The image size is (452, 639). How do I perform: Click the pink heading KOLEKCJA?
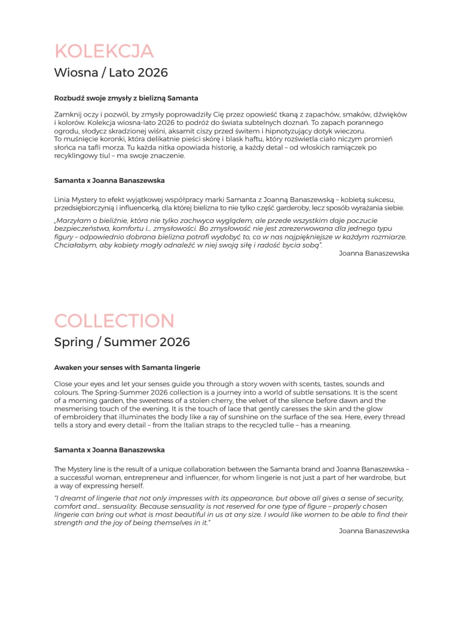click(x=103, y=51)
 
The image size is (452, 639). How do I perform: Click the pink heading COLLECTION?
click(x=114, y=321)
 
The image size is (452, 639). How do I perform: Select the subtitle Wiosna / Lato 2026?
click(x=111, y=73)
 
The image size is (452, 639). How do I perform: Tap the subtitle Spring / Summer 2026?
click(x=122, y=342)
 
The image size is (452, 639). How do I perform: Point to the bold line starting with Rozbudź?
click(x=126, y=98)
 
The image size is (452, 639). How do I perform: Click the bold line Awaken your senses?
click(x=127, y=368)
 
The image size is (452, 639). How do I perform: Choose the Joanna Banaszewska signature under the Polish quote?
click(x=374, y=253)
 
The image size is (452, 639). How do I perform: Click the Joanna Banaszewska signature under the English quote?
click(x=374, y=531)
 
